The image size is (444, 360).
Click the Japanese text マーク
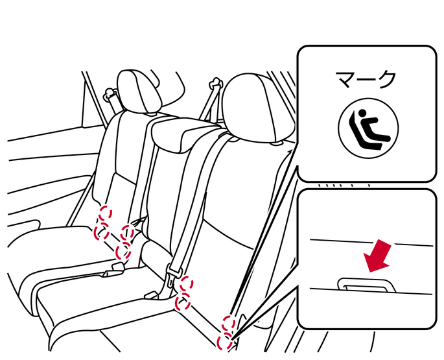[x=366, y=79]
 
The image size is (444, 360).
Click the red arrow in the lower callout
[x=378, y=256]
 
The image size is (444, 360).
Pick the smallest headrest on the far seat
[x=138, y=91]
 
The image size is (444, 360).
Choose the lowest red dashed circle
[x=224, y=342]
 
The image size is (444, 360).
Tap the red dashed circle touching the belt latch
[x=187, y=283]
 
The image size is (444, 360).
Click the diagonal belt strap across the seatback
[x=195, y=198]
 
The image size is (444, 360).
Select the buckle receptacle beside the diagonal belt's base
[x=152, y=295]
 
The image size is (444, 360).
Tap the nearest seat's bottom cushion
[x=110, y=309]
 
